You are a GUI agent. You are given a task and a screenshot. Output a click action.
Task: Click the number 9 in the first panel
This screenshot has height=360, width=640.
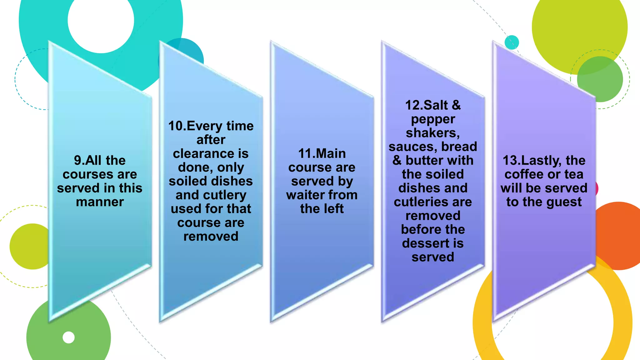[77, 161]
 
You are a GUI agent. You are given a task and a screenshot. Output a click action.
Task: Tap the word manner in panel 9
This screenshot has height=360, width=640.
[100, 202]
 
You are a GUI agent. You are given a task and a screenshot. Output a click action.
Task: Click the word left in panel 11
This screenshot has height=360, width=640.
[334, 209]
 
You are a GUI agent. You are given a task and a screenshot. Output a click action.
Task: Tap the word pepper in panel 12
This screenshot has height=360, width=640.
[433, 119]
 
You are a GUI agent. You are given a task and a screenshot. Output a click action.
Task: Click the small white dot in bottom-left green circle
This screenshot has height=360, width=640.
[69, 337]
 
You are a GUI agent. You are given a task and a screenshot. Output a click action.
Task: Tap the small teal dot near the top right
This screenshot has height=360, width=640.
[512, 42]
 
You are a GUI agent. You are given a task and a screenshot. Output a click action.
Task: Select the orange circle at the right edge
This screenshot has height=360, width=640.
[620, 236]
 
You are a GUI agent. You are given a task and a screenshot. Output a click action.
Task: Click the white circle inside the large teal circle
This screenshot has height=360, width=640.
[101, 21]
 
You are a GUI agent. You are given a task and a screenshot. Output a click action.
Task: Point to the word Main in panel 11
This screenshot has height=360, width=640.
[330, 154]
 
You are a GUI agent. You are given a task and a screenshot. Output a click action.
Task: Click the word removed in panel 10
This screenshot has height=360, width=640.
[211, 237]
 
